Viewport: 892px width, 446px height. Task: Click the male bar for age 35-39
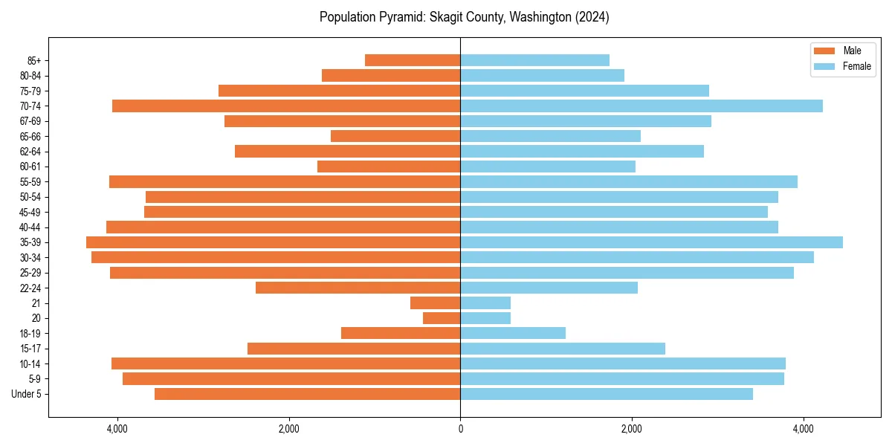pyautogui.click(x=274, y=242)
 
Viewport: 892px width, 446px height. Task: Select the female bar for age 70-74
pyautogui.click(x=641, y=106)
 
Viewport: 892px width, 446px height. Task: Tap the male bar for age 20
pyautogui.click(x=442, y=318)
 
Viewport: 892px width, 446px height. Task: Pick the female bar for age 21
pyautogui.click(x=485, y=303)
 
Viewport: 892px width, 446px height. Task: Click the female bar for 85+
pyautogui.click(x=535, y=60)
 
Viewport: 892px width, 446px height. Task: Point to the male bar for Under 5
pyautogui.click(x=308, y=394)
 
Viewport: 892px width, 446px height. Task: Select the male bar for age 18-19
pyautogui.click(x=401, y=333)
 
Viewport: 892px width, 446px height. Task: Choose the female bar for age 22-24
pyautogui.click(x=549, y=288)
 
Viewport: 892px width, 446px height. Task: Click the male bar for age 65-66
pyautogui.click(x=395, y=136)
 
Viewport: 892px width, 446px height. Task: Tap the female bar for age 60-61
pyautogui.click(x=548, y=167)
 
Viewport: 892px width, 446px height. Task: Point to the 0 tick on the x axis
pyautogui.click(x=460, y=429)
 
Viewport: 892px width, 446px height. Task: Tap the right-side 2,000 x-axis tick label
pyautogui.click(x=632, y=429)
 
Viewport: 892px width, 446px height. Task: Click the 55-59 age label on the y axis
pyautogui.click(x=30, y=182)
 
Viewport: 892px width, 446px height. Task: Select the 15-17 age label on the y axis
pyautogui.click(x=30, y=349)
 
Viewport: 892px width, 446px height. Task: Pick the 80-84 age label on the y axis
pyautogui.click(x=30, y=76)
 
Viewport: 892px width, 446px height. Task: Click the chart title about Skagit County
pyautogui.click(x=465, y=17)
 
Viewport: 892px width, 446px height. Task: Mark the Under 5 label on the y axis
pyautogui.click(x=27, y=394)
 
